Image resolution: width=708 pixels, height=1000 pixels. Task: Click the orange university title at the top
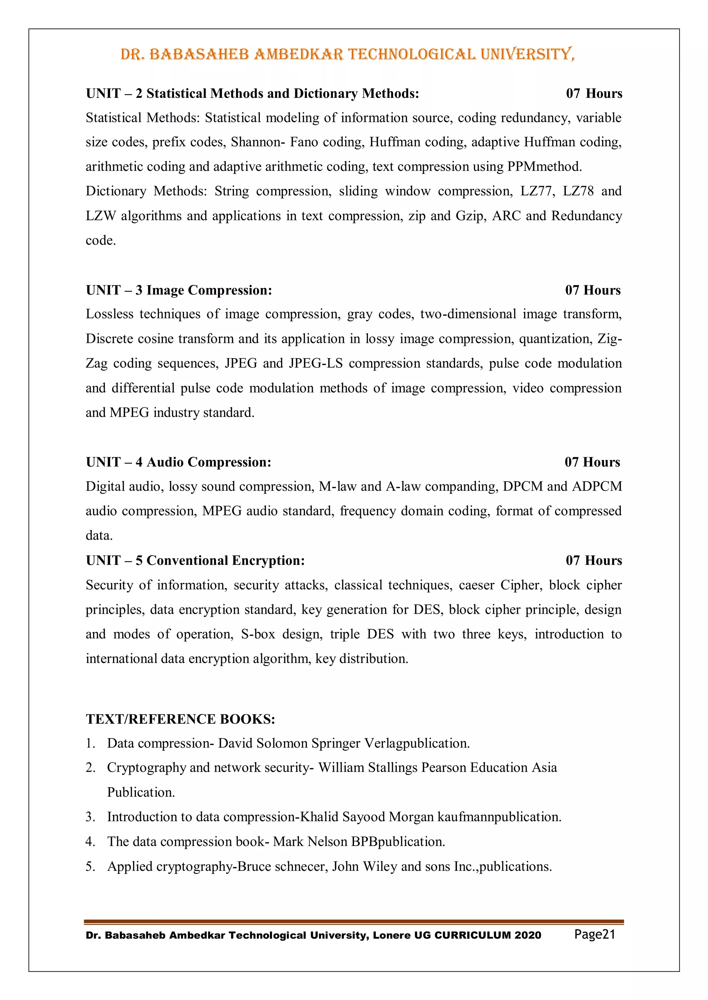347,55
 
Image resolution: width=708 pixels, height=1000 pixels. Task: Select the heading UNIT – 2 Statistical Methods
252,94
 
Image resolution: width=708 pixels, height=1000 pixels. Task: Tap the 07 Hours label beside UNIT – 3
593,290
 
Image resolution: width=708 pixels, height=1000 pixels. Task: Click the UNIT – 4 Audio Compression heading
178,462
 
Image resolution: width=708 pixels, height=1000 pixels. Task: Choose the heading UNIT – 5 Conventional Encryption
195,560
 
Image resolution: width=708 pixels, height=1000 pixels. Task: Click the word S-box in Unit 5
258,634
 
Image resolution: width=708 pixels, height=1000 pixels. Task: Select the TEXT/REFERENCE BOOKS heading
180,719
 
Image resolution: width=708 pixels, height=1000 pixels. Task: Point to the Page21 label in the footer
594,934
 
